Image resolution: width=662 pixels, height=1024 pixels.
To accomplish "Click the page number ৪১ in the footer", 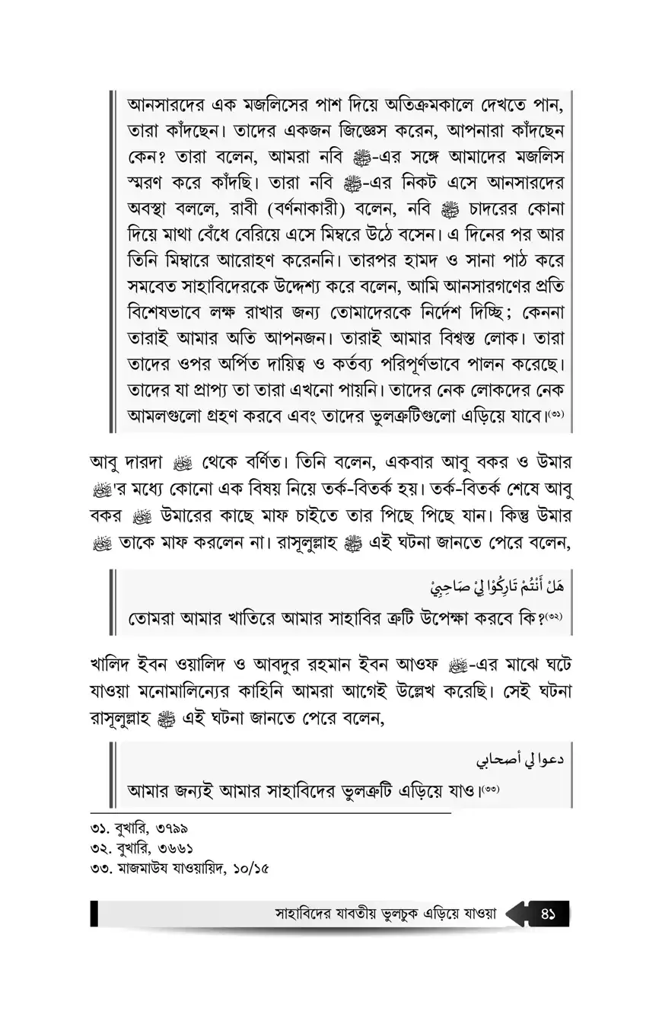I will pos(549,914).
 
